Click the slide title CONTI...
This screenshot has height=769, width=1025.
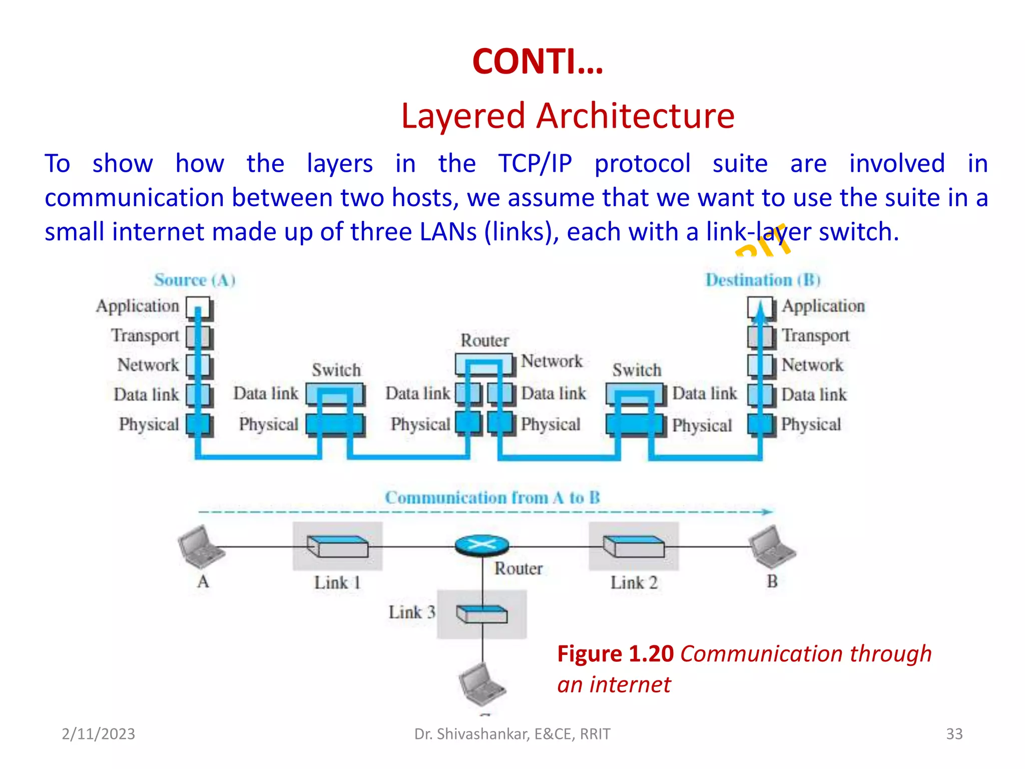tap(538, 62)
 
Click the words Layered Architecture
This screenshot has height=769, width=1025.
tap(568, 116)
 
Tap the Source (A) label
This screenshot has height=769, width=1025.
tap(195, 280)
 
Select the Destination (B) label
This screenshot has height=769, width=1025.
tap(763, 280)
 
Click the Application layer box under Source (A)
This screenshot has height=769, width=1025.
tap(199, 307)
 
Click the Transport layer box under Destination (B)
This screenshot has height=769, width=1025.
tap(761, 336)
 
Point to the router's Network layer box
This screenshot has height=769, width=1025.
tap(483, 364)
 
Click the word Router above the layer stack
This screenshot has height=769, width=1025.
tap(484, 340)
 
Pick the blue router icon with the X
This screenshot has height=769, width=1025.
tap(482, 545)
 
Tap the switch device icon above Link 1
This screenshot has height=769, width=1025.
tap(337, 546)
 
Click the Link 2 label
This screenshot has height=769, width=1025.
tap(634, 582)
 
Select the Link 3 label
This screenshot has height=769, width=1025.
tap(411, 612)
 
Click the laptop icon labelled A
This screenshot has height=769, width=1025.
tap(201, 547)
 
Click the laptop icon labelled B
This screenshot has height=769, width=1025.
tap(772, 547)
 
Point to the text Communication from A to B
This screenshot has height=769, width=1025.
tap(492, 498)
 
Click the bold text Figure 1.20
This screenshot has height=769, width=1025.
tap(615, 654)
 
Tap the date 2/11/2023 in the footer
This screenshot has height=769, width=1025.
tap(98, 733)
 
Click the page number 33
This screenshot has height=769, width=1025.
tap(954, 733)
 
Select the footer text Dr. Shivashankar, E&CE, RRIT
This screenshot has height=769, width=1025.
tap(512, 733)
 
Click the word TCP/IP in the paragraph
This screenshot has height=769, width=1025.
tap(535, 164)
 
